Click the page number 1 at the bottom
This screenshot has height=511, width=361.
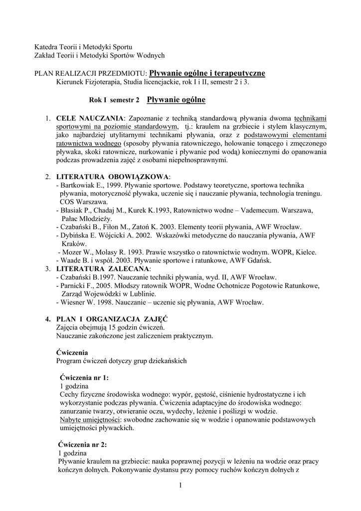pos(180,486)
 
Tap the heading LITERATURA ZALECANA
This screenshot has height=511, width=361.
pos(102,268)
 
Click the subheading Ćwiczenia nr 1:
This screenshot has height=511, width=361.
pos(84,377)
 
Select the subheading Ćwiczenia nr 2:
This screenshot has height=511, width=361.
pos(82,444)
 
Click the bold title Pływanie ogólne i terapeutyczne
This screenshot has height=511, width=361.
pos(207,73)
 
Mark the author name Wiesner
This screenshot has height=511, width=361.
pos(73,302)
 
